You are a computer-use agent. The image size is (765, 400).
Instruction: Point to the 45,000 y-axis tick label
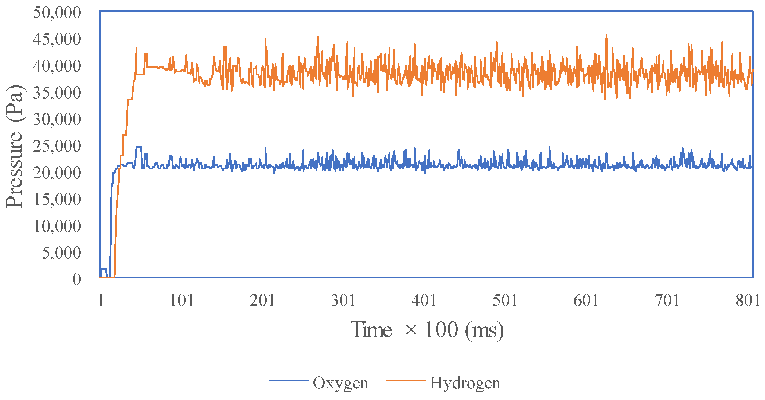(x=57, y=39)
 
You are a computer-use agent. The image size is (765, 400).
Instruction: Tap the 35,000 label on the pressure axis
(x=57, y=93)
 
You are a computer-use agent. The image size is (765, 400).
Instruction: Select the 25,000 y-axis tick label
(x=57, y=146)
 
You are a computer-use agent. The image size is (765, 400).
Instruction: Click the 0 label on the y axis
(x=77, y=280)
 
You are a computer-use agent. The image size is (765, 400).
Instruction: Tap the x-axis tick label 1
(x=101, y=300)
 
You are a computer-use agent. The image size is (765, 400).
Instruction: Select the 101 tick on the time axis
(x=181, y=300)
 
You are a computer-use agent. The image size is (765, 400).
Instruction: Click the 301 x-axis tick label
(x=343, y=300)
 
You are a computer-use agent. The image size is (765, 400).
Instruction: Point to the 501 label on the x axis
(x=505, y=300)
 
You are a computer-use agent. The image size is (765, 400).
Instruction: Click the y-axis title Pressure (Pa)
(x=14, y=146)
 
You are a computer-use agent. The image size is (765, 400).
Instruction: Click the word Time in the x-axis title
(x=371, y=330)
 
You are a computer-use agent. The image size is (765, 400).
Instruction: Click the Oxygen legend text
(x=340, y=383)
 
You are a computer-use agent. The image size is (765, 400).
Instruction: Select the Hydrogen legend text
(x=465, y=383)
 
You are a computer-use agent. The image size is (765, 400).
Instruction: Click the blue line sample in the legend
(x=289, y=380)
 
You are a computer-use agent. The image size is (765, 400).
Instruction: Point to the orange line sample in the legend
(x=406, y=380)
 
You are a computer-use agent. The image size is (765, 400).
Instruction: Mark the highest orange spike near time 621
(x=606, y=35)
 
